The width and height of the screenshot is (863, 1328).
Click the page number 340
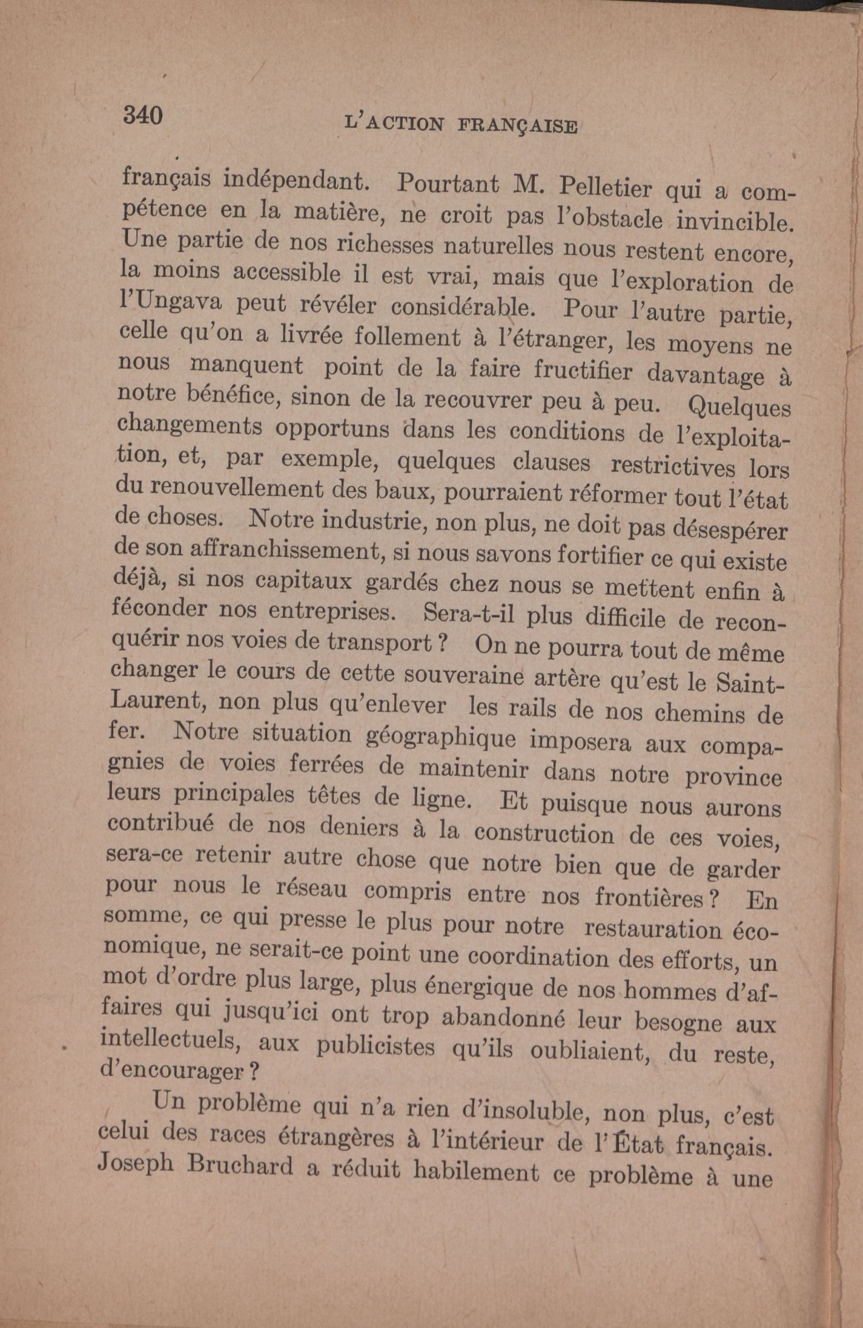143,114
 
